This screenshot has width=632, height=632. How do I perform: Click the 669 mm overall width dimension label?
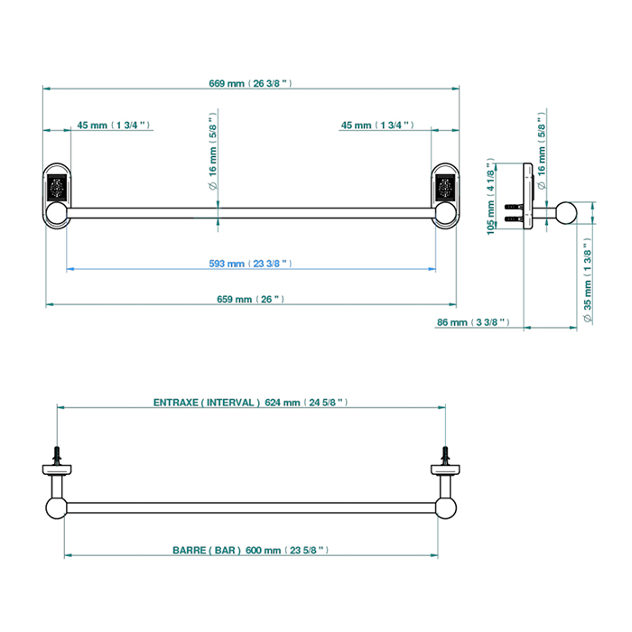(250, 83)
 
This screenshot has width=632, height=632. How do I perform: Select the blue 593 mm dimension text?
(250, 264)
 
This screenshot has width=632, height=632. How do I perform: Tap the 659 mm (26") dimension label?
(250, 299)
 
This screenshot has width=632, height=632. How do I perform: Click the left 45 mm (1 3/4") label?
(113, 125)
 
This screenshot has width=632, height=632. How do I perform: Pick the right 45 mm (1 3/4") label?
(377, 125)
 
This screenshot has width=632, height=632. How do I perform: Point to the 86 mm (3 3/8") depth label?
(473, 322)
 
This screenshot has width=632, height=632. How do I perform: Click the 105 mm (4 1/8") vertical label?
(490, 197)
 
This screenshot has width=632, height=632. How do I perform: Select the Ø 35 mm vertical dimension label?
(588, 280)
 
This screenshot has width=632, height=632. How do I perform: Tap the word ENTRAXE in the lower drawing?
(176, 403)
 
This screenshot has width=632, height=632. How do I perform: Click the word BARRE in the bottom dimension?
(189, 550)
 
